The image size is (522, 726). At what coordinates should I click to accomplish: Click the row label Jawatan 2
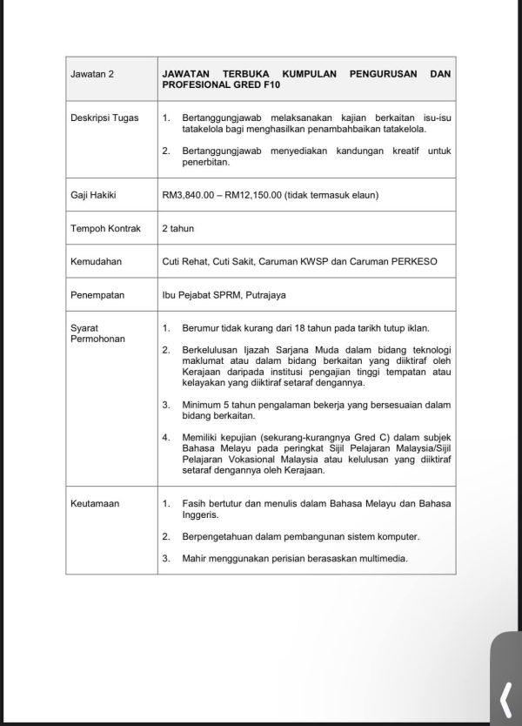92,75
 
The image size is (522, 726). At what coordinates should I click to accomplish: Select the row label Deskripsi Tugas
103,116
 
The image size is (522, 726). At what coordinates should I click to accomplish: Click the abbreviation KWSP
298,260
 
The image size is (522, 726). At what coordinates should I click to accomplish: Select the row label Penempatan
97,294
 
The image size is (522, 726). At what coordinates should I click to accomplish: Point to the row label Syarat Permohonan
97,333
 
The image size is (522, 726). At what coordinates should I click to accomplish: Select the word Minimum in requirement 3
202,406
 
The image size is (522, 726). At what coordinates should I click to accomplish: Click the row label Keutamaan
96,503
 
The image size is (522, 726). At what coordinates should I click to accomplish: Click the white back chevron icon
505,696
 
